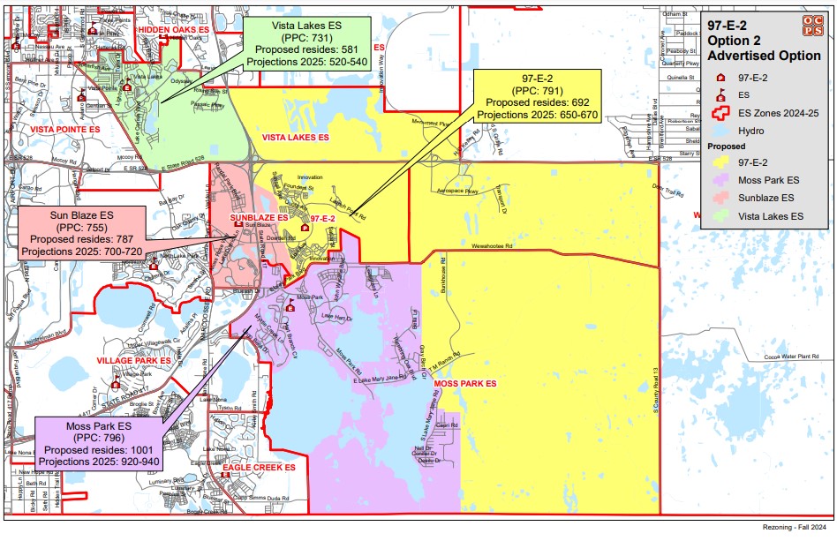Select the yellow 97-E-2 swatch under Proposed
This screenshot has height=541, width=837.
tap(721, 162)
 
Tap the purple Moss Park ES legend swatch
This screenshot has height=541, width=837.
tap(721, 180)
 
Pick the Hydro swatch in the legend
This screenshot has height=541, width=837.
tap(721, 131)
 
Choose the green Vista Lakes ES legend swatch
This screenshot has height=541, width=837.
tap(721, 215)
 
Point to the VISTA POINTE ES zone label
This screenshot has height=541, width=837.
tap(65, 129)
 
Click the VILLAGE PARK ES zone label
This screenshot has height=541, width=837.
tap(133, 362)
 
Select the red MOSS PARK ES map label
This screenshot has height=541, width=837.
tap(465, 384)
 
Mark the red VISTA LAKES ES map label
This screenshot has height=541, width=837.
tap(296, 138)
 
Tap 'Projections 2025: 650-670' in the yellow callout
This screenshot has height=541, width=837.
tap(537, 115)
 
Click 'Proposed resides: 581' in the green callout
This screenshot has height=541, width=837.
tap(306, 51)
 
